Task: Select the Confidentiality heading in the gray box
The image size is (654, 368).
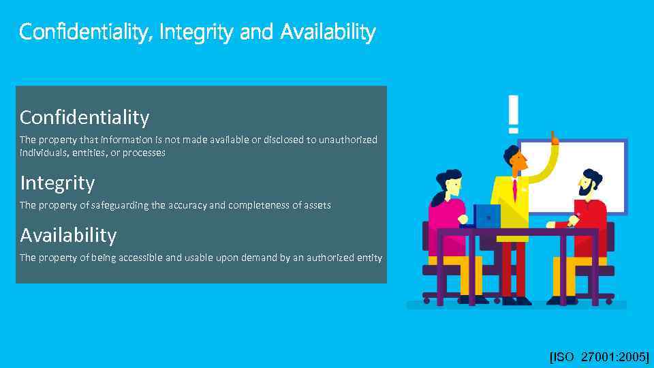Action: point(84,117)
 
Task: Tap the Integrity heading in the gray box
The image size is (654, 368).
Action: point(57,183)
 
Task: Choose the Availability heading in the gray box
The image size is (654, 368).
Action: point(68,235)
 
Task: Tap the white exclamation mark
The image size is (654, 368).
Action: point(513,113)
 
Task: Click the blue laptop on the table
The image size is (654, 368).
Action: point(488,216)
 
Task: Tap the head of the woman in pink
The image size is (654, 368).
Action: point(448,183)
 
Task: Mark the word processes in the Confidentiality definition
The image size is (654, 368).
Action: point(144,153)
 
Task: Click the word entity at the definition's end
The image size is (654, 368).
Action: point(369,258)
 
